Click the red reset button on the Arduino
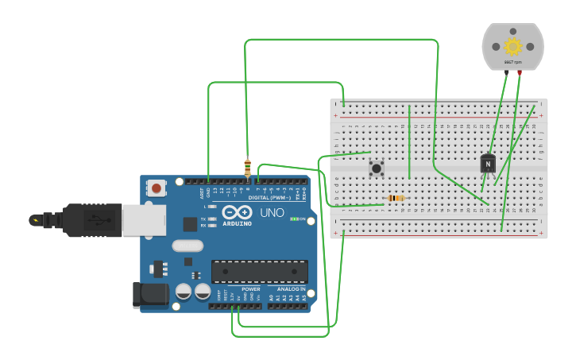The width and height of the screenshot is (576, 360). (157, 188)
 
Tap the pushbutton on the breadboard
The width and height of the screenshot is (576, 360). (377, 168)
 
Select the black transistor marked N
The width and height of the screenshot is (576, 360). (488, 164)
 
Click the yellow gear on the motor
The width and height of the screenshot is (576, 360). (512, 46)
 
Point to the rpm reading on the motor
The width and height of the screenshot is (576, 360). (512, 62)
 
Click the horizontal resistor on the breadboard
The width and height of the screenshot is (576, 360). (395, 198)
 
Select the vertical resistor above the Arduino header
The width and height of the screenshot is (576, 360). (247, 168)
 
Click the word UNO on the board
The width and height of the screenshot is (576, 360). (272, 213)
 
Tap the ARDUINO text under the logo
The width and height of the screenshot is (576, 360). (237, 224)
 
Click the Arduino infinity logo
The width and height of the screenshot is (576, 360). (237, 212)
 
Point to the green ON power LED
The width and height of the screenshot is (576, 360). (295, 219)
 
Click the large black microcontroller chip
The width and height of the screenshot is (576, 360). (259, 272)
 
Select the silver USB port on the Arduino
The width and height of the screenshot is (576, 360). (144, 220)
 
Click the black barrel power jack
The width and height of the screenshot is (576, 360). (150, 295)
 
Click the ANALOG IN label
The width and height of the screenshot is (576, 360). (292, 289)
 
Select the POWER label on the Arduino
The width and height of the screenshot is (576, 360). (251, 289)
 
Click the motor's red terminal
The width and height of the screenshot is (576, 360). (520, 72)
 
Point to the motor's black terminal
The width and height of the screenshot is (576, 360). (506, 72)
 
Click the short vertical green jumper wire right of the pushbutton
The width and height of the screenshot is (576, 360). (409, 141)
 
